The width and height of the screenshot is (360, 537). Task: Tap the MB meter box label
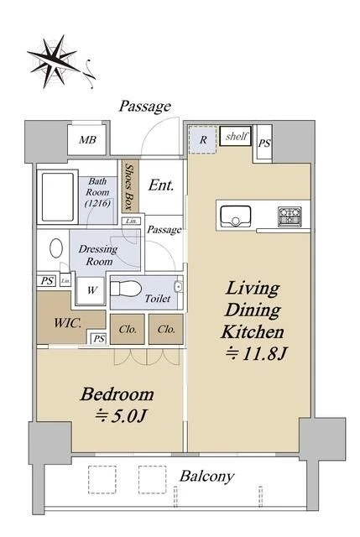(x=87, y=140)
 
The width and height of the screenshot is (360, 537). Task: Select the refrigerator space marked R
(x=202, y=140)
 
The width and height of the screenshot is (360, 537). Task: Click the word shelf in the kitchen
(x=236, y=136)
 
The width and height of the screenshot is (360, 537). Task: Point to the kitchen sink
(x=236, y=216)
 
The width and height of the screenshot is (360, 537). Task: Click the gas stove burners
(x=290, y=216)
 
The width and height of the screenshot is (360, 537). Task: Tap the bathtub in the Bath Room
(x=58, y=198)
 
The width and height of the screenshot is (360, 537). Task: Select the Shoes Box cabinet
(x=130, y=186)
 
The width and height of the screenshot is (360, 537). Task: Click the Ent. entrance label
(x=161, y=185)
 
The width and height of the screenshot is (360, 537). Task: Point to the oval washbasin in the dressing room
(x=56, y=248)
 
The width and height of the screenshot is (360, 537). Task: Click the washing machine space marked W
(x=91, y=291)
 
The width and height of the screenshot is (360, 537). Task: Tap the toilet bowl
(x=126, y=289)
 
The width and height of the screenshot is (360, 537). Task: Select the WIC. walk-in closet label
(x=68, y=323)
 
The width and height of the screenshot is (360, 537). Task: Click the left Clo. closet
(x=128, y=330)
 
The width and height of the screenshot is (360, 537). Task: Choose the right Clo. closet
(x=166, y=330)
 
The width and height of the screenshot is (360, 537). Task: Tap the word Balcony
(x=207, y=477)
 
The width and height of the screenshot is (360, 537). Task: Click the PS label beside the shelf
(x=264, y=143)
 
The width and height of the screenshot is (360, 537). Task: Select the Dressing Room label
(x=98, y=255)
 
